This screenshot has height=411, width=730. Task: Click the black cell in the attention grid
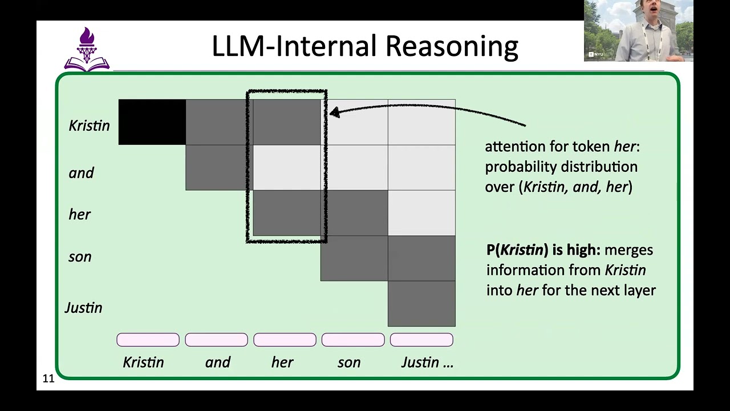pos(152,122)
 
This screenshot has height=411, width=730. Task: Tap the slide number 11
pos(48,378)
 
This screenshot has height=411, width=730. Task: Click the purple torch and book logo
pos(87,49)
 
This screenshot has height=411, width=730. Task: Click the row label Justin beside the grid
pos(83,308)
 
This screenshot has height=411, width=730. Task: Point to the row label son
pos(80,257)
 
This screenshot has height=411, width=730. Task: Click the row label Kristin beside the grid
pos(89,126)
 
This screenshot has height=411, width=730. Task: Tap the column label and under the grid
pos(218,362)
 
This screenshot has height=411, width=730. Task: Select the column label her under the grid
pos(282,362)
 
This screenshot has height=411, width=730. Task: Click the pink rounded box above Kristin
pos(148,340)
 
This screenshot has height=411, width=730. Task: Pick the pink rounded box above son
pos(353,340)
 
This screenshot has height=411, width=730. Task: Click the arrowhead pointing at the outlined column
pos(335,113)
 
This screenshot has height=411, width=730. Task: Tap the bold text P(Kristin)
pos(515,250)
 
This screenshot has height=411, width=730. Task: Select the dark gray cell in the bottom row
pos(421,304)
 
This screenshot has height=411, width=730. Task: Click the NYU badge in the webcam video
pos(596,54)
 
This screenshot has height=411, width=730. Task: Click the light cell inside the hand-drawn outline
pos(287,168)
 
